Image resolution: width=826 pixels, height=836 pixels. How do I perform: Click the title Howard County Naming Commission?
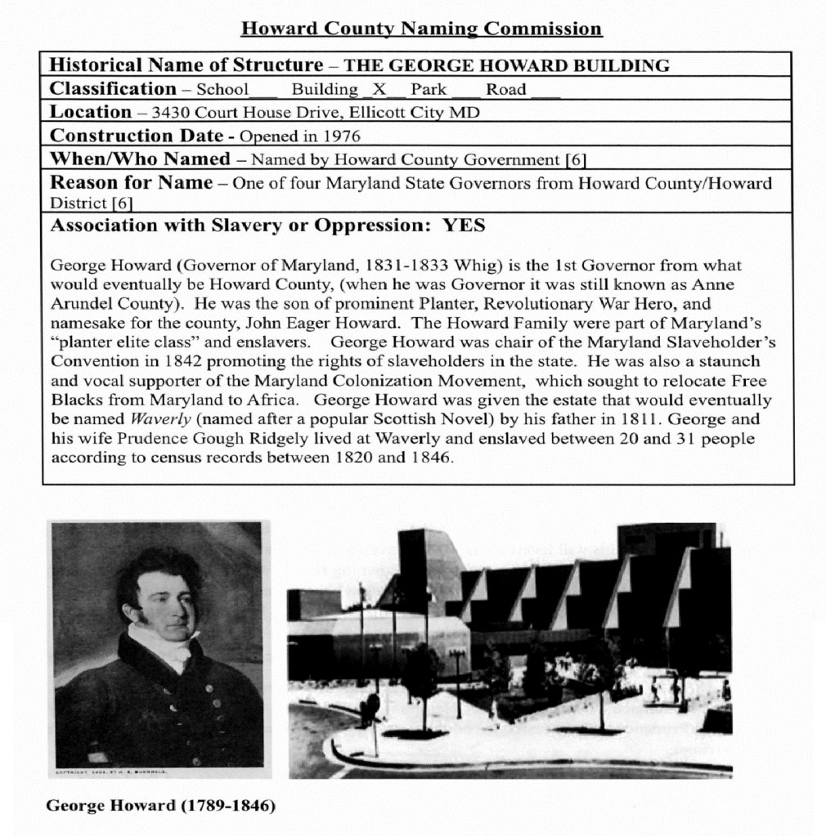point(421,29)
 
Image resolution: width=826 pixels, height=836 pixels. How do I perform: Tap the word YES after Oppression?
point(464,226)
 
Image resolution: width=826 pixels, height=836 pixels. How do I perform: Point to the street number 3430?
point(170,113)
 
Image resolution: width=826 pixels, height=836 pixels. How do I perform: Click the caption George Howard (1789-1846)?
point(160,806)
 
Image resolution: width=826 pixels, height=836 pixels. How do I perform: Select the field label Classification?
point(113,88)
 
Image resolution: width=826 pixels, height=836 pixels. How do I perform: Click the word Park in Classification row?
point(429,89)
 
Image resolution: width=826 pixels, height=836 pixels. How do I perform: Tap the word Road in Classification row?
point(506,89)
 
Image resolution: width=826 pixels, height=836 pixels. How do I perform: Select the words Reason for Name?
point(132,183)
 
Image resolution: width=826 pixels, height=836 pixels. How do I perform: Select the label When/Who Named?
point(140,159)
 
